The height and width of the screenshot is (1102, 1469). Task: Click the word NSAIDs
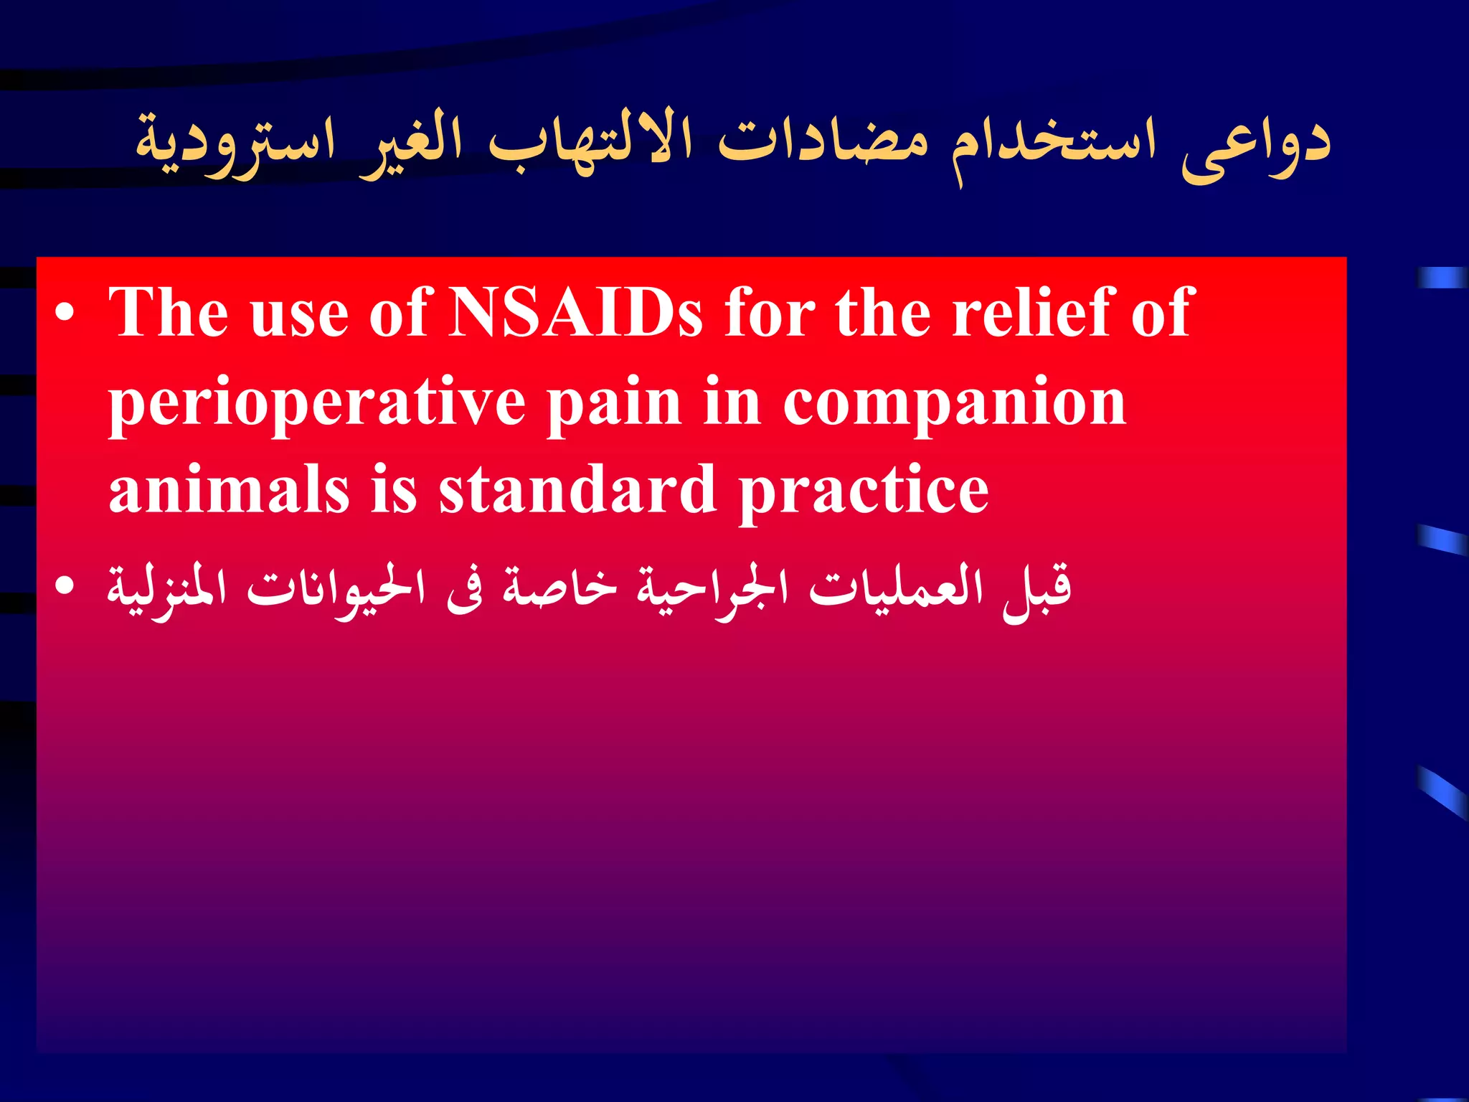[x=574, y=314]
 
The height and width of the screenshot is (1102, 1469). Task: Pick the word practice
[x=864, y=493]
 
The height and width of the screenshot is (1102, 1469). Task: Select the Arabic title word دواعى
[x=1255, y=143]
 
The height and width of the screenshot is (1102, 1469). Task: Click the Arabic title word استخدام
[x=1054, y=143]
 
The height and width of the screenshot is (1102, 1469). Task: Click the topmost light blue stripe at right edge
[x=1442, y=278]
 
